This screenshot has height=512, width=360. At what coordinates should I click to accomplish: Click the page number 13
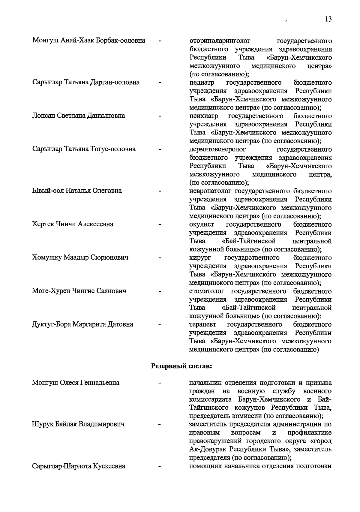coord(328,19)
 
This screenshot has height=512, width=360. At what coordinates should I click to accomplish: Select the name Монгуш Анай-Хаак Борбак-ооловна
coord(89,41)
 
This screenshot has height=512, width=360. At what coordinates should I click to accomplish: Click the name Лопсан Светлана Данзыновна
coord(79,116)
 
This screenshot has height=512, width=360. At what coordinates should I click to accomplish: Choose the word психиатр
coord(204,116)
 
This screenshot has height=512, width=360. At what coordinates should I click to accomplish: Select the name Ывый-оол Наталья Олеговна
coord(77,191)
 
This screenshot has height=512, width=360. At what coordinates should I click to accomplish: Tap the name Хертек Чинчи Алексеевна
coord(73,224)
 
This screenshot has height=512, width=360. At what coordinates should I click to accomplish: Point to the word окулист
coord(202,224)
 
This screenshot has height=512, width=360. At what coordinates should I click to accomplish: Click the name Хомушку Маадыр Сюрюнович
coord(80,258)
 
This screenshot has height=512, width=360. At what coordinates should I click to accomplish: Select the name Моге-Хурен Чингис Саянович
coord(79,291)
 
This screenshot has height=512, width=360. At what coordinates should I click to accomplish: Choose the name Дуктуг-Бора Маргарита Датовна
coord(83,324)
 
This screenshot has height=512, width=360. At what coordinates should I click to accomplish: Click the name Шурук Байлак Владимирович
coord(78,424)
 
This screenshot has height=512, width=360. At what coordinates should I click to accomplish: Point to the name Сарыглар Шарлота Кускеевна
coord(79,466)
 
